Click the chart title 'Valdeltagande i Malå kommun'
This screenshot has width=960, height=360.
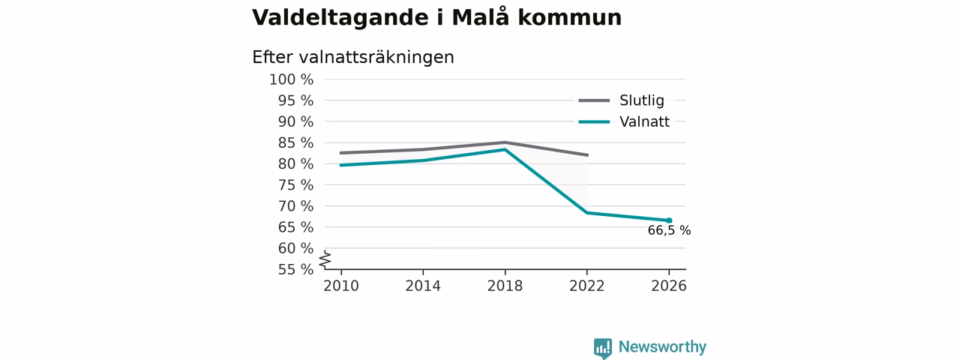tap(436, 18)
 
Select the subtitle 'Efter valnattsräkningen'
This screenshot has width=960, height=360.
tap(353, 58)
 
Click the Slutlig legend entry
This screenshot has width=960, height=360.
tap(622, 100)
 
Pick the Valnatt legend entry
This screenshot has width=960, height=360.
tap(624, 121)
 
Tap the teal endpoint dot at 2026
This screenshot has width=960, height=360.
tap(669, 220)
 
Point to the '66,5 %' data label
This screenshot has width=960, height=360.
tap(669, 230)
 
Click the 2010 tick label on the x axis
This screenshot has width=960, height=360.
tap(341, 286)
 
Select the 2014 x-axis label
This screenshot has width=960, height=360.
tap(423, 286)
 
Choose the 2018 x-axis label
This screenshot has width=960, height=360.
tap(505, 286)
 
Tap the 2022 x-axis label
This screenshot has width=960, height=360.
tap(586, 286)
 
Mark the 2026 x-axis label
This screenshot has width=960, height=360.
tap(669, 286)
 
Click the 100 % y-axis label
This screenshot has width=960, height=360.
tap(292, 79)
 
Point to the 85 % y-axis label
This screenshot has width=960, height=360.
tap(295, 142)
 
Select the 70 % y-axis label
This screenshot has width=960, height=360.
tap(295, 206)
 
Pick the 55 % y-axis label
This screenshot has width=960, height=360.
tap(295, 269)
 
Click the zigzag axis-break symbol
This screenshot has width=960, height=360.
tap(325, 259)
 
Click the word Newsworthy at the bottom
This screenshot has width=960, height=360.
tap(662, 346)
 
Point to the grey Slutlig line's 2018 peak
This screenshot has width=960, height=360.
tap(505, 142)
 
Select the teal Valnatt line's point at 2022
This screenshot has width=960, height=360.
tap(586, 212)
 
